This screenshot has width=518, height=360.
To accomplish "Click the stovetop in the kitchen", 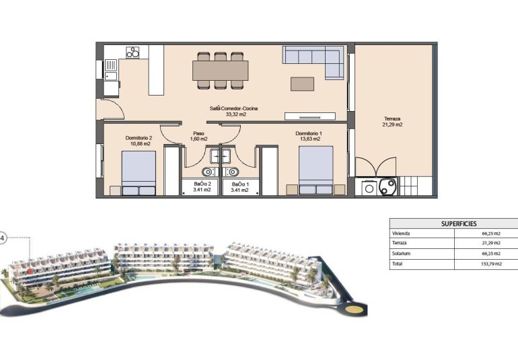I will pyautogui.click(x=133, y=52).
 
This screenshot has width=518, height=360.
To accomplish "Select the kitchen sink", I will pyautogui.click(x=110, y=67).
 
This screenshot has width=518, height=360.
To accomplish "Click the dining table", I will pyautogui.click(x=220, y=70).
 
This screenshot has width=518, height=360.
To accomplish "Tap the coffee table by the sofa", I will pyautogui.click(x=302, y=83).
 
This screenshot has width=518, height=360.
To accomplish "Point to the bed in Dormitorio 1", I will pyautogui.click(x=316, y=172).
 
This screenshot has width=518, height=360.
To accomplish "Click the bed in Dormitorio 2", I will pyautogui.click(x=139, y=173).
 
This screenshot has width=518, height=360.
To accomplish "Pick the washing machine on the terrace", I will pyautogui.click(x=369, y=188).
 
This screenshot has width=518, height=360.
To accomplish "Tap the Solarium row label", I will pyautogui.click(x=401, y=254).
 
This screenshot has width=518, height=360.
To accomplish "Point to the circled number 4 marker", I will pyautogui.click(x=3, y=238).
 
